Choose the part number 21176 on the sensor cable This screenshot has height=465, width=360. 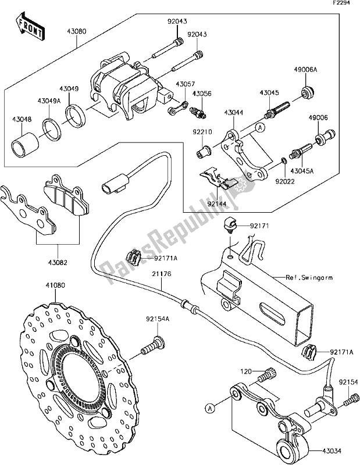point(166,285)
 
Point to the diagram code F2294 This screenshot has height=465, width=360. point(341,4)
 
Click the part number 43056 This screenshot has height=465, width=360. point(202,93)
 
